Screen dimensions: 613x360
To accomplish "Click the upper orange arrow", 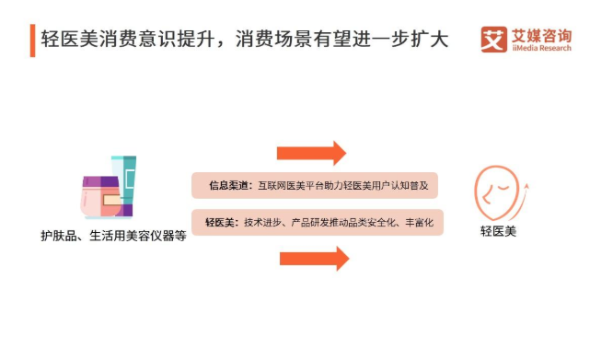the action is click(312, 152).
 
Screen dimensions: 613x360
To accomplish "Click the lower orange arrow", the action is click(314, 259).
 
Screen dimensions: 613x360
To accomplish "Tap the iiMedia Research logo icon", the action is click(494, 40).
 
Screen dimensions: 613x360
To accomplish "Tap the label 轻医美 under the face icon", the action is click(498, 231).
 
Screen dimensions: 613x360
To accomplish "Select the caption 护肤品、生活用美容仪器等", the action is click(114, 234).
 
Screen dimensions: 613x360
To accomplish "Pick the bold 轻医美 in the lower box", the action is click(222, 222).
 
